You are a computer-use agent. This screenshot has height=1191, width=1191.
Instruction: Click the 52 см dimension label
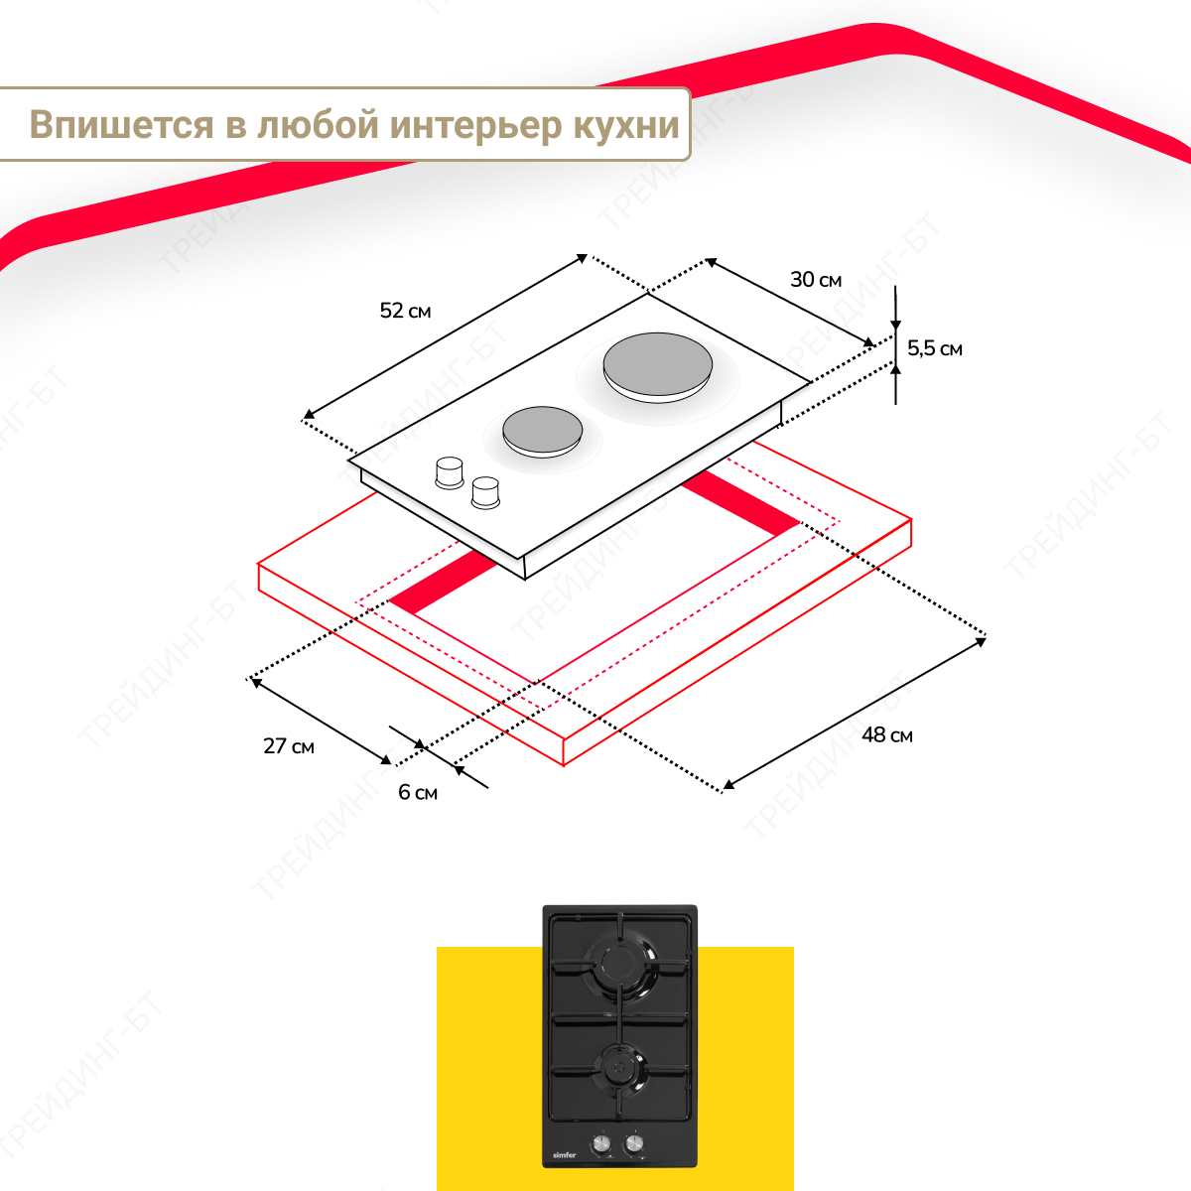(405, 311)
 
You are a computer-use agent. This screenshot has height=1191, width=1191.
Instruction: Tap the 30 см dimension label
(816, 279)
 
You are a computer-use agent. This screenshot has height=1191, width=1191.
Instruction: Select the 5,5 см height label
(935, 348)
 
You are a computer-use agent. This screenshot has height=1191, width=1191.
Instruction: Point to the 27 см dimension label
(289, 746)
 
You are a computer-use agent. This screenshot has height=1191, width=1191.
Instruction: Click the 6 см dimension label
(418, 792)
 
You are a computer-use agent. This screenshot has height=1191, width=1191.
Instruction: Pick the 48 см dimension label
(887, 734)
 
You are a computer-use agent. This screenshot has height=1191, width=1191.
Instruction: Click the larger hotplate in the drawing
(658, 368)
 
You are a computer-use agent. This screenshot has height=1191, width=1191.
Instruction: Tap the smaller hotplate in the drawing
(542, 432)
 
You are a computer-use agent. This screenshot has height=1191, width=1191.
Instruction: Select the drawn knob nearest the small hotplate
(450, 472)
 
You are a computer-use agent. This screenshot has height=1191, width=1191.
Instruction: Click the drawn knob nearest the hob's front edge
(485, 492)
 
